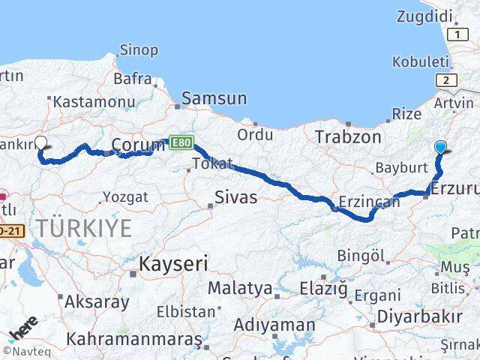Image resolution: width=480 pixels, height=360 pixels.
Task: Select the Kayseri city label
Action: (173, 263)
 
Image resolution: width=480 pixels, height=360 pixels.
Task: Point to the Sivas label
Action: (235, 197)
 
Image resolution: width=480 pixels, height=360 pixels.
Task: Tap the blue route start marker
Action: (440, 147)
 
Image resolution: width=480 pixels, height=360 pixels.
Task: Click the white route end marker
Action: (41, 144)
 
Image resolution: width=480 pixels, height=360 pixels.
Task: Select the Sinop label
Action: (139, 50)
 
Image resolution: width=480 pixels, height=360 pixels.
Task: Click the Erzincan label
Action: (366, 202)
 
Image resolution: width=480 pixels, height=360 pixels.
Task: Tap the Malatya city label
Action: (240, 288)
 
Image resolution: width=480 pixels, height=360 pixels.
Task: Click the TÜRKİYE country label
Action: (85, 227)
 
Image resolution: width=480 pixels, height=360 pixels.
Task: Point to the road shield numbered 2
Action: (446, 81)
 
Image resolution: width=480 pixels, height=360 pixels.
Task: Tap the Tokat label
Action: (211, 163)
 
